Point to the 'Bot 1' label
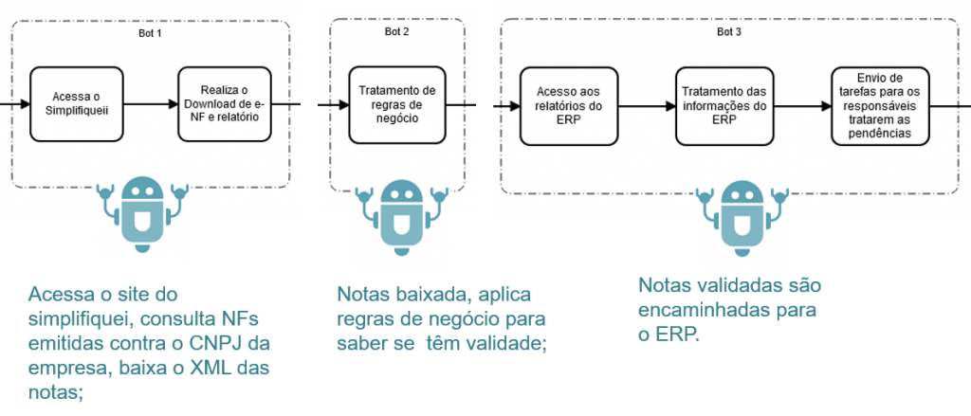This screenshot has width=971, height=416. [x=151, y=34]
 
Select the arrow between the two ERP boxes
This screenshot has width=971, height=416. [x=648, y=105]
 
